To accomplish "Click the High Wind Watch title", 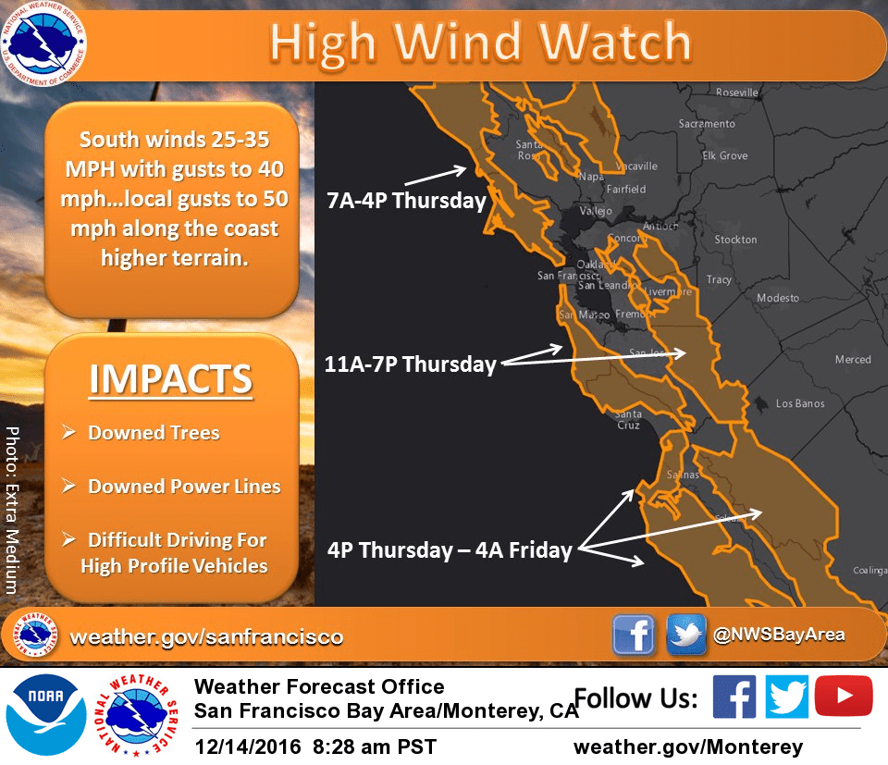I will point(481,42).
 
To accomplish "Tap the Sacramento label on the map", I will point(707,123).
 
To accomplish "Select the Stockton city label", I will point(735,240).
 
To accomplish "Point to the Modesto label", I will point(777,298).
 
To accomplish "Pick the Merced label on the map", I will point(852,360).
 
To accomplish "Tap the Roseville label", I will point(737,93).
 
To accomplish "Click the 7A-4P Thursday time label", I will point(406,201).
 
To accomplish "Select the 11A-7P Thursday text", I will point(411,364).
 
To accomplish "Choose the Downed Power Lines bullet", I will point(183,487).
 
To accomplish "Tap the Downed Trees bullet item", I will point(153,433).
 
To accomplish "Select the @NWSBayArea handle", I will point(779,635).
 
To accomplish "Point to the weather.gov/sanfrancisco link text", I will point(206,636).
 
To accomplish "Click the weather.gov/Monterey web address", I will point(688,746).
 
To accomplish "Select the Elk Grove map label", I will point(724,155).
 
